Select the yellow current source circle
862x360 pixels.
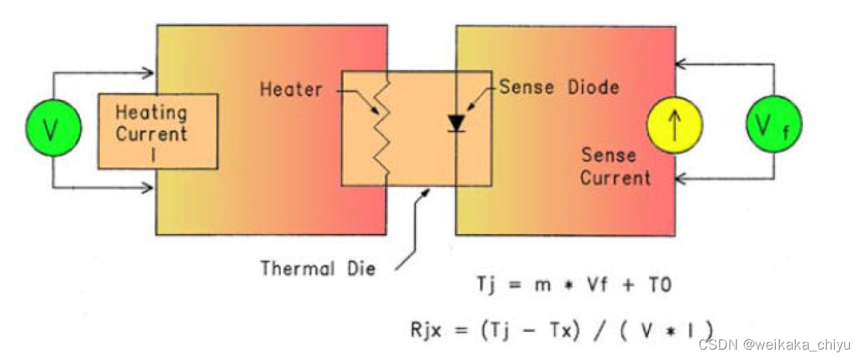(674, 126)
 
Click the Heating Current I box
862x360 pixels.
(158, 131)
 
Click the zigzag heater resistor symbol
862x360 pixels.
(385, 128)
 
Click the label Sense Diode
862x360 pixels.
(559, 87)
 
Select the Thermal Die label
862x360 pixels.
(317, 268)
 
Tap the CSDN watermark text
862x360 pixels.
(774, 344)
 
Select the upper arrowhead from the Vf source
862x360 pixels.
(683, 65)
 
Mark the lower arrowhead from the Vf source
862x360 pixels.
(683, 176)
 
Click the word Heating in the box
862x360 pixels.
(151, 113)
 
